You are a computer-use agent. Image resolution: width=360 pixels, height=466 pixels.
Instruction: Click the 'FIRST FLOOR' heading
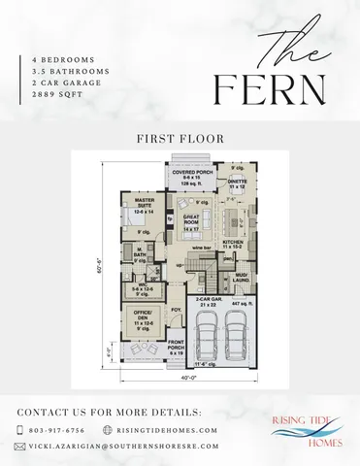pyautogui.click(x=180, y=138)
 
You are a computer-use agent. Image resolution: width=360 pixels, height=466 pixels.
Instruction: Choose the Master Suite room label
pyautogui.click(x=143, y=207)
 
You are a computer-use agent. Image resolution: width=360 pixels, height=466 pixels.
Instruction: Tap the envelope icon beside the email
pyautogui.click(x=20, y=447)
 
